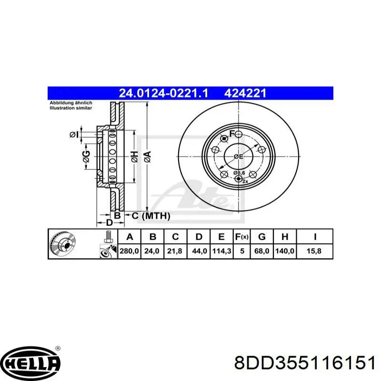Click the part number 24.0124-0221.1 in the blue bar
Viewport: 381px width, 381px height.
164,93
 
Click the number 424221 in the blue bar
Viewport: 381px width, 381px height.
245,93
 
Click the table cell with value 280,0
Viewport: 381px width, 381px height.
129,251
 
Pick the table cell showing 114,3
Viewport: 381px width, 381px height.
222,251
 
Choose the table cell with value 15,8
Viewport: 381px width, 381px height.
315,251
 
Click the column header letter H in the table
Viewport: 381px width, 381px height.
285,236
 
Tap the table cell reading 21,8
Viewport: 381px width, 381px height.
175,251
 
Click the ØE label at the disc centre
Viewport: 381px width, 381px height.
238,156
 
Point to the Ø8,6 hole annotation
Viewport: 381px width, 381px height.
239,172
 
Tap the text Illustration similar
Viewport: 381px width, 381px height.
71,108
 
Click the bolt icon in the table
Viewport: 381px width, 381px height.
108,236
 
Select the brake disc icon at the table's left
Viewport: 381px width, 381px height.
63,244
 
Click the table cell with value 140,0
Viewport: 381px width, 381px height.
285,251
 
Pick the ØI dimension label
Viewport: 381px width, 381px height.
73,135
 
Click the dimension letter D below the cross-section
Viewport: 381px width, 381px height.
109,223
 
